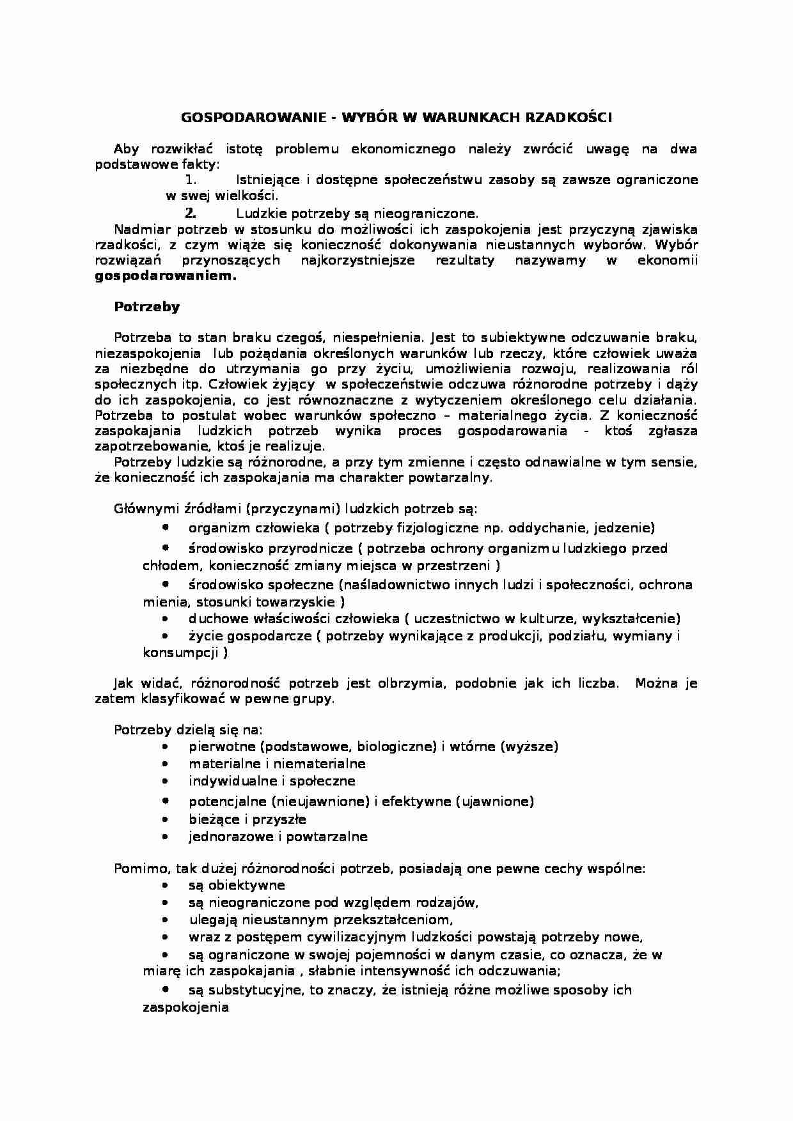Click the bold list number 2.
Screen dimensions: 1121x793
click(189, 213)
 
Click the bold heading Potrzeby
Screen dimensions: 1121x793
click(146, 307)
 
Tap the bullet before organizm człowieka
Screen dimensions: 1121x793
click(166, 528)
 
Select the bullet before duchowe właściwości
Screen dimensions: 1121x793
click(166, 619)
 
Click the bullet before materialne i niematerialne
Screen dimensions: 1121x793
click(166, 764)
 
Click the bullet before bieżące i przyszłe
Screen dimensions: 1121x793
click(166, 819)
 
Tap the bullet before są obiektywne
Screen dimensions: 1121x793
click(166, 886)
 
